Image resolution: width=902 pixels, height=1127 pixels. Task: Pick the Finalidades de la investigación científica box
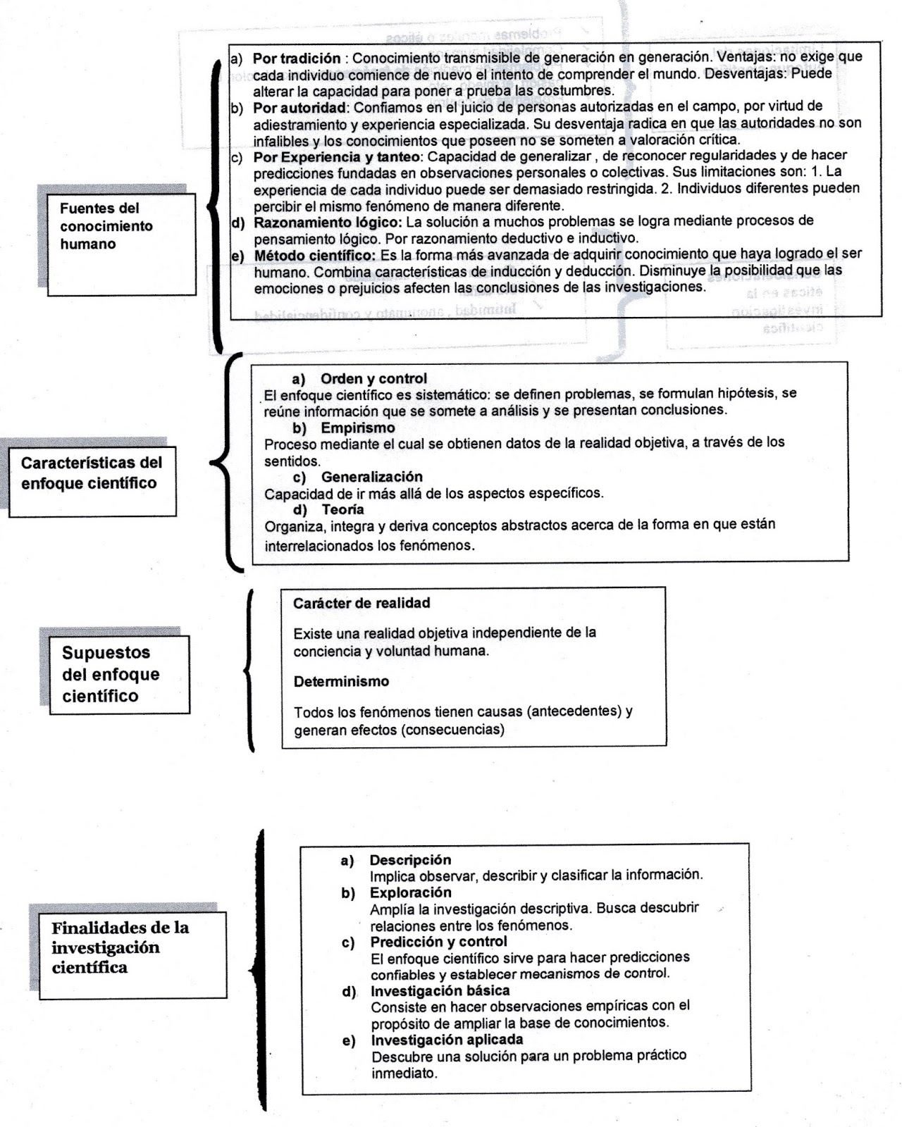[x=132, y=955]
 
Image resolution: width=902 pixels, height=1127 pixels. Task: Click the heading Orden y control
[x=373, y=379]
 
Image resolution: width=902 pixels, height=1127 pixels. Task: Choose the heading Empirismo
[x=358, y=428]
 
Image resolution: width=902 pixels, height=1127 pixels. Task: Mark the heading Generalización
[x=371, y=477]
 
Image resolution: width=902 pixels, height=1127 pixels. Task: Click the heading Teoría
[x=342, y=509]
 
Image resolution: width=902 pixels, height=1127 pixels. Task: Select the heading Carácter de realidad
[x=362, y=603]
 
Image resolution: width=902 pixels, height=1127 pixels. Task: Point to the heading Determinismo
[x=341, y=681]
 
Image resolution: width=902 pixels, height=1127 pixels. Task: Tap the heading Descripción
[x=410, y=859]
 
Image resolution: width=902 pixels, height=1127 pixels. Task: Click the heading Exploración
[x=410, y=892]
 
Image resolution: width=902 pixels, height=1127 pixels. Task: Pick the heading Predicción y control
[x=438, y=942]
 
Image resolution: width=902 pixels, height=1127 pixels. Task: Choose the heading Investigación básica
[x=440, y=991]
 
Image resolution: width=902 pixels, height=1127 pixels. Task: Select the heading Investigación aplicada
[x=447, y=1040]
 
